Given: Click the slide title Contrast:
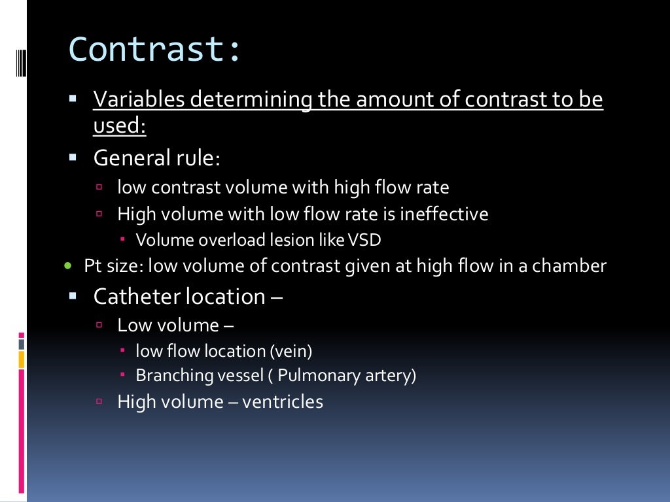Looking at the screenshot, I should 155,50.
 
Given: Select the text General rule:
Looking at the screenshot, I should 157,158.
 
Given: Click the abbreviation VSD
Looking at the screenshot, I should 364,240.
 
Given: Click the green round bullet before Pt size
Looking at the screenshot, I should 68,266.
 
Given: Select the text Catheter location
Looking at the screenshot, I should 179,297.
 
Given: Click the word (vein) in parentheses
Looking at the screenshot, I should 291,351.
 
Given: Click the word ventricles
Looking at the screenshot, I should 283,401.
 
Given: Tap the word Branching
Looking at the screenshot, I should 168,376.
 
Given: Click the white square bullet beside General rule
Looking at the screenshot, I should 73,158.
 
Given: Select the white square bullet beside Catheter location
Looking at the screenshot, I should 73,296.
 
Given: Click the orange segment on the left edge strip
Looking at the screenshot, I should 22,359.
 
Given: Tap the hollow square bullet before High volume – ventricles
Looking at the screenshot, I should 100,401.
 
